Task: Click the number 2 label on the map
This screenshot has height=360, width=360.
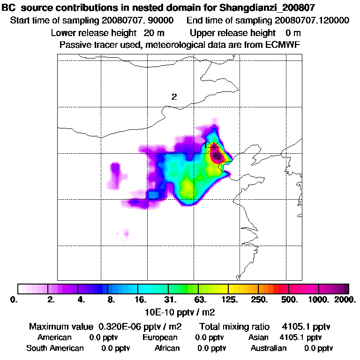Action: tap(174, 97)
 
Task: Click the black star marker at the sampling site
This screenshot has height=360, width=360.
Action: tap(214, 146)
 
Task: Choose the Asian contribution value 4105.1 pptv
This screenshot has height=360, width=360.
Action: tap(300, 337)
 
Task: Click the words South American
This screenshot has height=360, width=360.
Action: tap(55, 348)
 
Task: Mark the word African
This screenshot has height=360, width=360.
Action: tap(167, 348)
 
